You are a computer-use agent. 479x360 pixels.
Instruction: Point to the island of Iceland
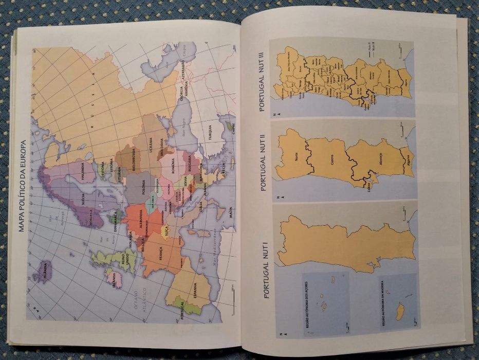(x=43, y=270)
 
